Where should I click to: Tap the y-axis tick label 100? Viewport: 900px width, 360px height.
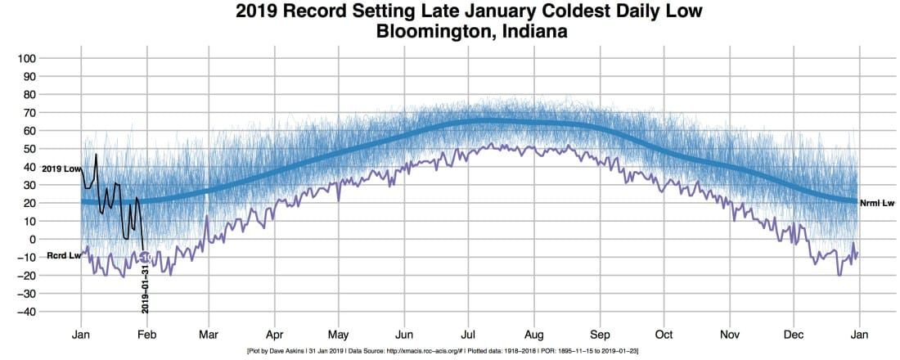tap(51, 59)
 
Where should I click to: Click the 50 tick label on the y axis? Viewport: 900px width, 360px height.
tap(53, 149)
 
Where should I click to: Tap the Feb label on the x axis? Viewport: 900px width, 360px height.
tap(146, 335)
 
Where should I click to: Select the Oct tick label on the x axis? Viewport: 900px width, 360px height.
tap(664, 335)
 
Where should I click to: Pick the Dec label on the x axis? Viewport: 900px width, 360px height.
tap(793, 335)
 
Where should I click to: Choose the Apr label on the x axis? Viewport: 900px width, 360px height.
tap(274, 335)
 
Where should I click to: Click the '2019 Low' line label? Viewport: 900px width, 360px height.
tap(61, 169)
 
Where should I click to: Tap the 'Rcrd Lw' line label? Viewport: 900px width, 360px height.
tap(63, 256)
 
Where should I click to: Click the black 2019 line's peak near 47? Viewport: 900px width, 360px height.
tap(96, 155)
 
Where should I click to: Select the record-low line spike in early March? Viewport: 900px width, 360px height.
tap(207, 217)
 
